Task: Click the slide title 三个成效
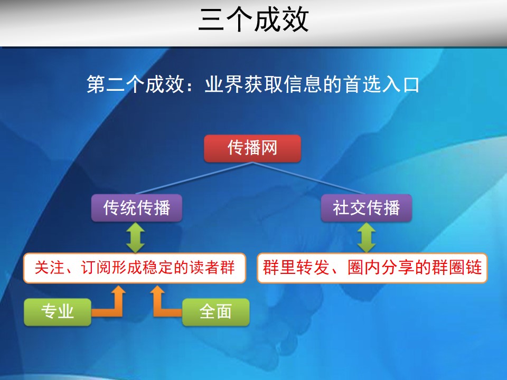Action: pos(253,20)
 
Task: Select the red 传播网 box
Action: pos(252,148)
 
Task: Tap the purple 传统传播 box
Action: pos(136,208)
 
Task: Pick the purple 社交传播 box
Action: pos(367,208)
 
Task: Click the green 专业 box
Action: pos(58,312)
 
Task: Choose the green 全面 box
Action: pos(215,312)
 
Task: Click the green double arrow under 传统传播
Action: pos(136,237)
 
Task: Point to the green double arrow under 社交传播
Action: pos(367,237)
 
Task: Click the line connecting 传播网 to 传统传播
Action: pos(194,178)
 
